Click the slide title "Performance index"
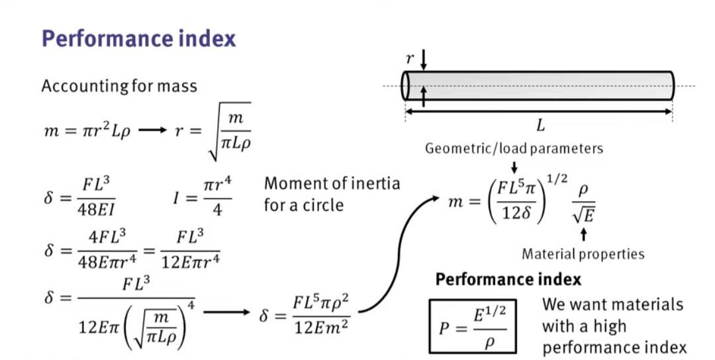[138, 39]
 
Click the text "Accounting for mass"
[119, 85]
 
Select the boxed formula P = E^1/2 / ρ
[473, 326]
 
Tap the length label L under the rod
[540, 125]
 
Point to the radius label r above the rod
[410, 59]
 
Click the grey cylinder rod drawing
[538, 85]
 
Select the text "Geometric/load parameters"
[514, 148]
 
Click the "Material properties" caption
[583, 254]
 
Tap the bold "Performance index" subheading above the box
[508, 279]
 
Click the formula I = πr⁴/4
[202, 197]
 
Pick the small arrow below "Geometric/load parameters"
[514, 167]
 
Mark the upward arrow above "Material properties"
[583, 234]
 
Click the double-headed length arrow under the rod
[538, 112]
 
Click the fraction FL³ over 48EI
[96, 197]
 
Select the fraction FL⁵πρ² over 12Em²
[322, 315]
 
